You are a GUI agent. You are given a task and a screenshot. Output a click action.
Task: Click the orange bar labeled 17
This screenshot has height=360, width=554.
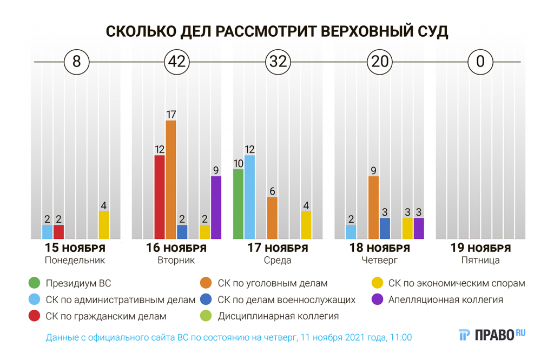point(171,179)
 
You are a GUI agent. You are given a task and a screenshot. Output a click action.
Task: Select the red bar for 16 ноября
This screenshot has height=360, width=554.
point(160,197)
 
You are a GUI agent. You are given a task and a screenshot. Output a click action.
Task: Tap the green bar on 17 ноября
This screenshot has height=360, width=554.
point(238,204)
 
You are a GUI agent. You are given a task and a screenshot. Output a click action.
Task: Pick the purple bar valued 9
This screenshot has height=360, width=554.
point(216,208)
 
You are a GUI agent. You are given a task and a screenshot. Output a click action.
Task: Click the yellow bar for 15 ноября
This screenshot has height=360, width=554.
point(103,225)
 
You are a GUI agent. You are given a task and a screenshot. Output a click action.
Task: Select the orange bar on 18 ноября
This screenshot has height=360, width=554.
point(373,208)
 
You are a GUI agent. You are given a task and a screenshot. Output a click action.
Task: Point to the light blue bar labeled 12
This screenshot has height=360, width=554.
point(249,197)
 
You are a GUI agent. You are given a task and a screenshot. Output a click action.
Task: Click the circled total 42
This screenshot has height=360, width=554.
point(177,62)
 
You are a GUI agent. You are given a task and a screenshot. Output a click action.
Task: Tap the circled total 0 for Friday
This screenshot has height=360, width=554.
point(479,62)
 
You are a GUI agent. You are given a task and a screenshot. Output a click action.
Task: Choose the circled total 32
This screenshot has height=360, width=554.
point(278,62)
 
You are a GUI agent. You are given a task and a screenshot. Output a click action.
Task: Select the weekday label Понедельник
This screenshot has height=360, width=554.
point(75,260)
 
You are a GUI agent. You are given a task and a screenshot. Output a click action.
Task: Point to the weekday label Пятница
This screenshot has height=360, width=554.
point(480,260)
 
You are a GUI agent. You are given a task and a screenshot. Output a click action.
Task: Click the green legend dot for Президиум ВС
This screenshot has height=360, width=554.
point(34,283)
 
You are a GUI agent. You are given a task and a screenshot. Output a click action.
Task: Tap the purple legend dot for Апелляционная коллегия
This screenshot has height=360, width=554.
point(377,299)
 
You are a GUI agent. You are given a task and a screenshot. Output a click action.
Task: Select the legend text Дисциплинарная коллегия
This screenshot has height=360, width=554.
point(278,316)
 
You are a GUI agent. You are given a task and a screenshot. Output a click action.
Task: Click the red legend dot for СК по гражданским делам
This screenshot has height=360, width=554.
point(34,316)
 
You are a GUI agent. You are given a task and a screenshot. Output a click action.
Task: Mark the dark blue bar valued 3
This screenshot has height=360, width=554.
point(385,228)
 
